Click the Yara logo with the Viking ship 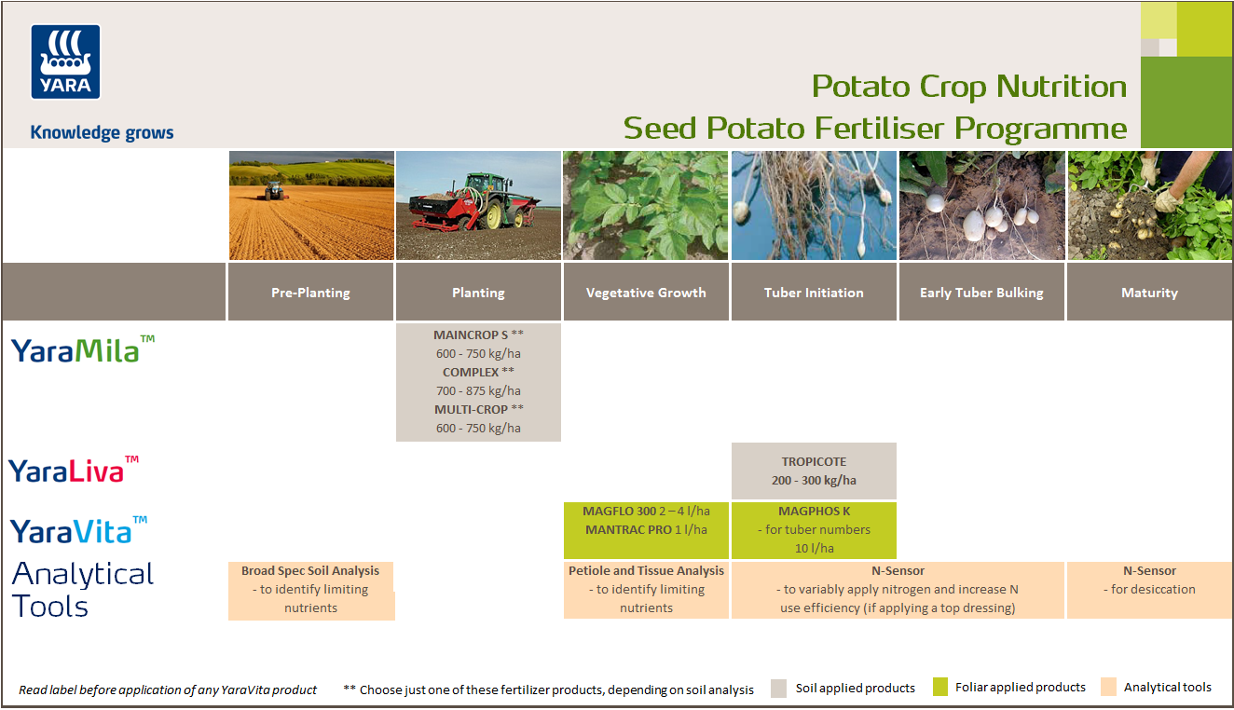click(65, 61)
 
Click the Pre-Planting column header click(310, 293)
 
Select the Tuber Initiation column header click(814, 293)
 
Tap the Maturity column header click(1149, 293)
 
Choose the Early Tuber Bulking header click(981, 293)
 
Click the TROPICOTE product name click(814, 461)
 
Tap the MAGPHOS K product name click(814, 511)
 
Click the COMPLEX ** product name click(478, 372)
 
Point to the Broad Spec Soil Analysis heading click(310, 570)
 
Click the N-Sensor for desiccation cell click(1149, 580)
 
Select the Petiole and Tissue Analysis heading click(646, 570)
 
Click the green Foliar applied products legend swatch click(941, 688)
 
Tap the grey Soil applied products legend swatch click(780, 689)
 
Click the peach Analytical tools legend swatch click(1108, 688)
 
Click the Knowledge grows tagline click(102, 132)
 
